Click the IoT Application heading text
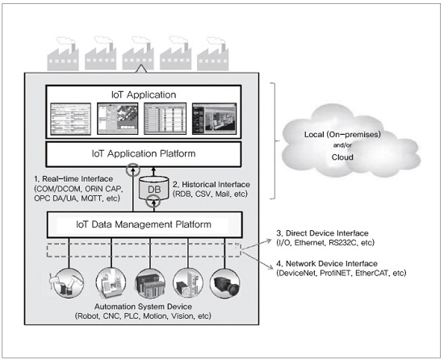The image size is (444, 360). click(144, 94)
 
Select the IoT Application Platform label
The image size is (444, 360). click(144, 153)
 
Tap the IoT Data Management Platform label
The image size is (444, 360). click(144, 224)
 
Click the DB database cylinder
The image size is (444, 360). click(154, 188)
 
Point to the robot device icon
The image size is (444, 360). click(68, 283)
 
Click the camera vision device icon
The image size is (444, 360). click(225, 283)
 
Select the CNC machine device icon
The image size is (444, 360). click(111, 283)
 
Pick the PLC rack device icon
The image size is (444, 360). click(150, 283)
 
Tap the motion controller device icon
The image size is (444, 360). click(188, 283)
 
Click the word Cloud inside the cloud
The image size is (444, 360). click(342, 157)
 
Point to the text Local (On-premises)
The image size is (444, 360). click(342, 135)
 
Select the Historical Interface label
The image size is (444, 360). click(212, 185)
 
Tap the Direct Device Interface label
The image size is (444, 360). click(323, 233)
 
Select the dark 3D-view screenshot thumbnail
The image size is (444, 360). click(215, 119)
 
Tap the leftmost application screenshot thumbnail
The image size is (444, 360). click(70, 119)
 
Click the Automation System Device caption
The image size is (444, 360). click(143, 307)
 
